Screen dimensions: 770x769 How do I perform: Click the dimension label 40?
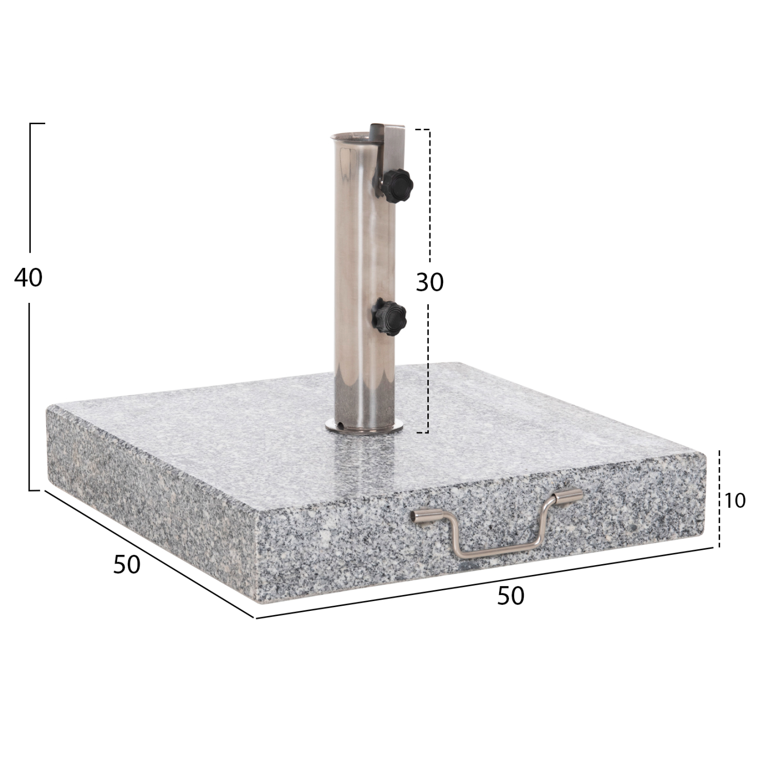pyautogui.click(x=29, y=278)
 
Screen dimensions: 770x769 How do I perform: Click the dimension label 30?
pyautogui.click(x=429, y=282)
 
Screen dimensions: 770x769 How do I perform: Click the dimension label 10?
pyautogui.click(x=735, y=500)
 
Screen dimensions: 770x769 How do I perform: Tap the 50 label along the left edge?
pyautogui.click(x=127, y=565)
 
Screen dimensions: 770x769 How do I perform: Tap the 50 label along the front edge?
pyautogui.click(x=511, y=596)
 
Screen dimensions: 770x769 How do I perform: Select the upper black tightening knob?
pyautogui.click(x=398, y=183)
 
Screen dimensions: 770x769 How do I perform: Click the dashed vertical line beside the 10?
pyautogui.click(x=720, y=498)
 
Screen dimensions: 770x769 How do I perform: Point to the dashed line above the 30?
pyautogui.click(x=429, y=195)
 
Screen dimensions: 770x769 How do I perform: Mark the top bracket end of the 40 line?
pyautogui.click(x=37, y=124)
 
